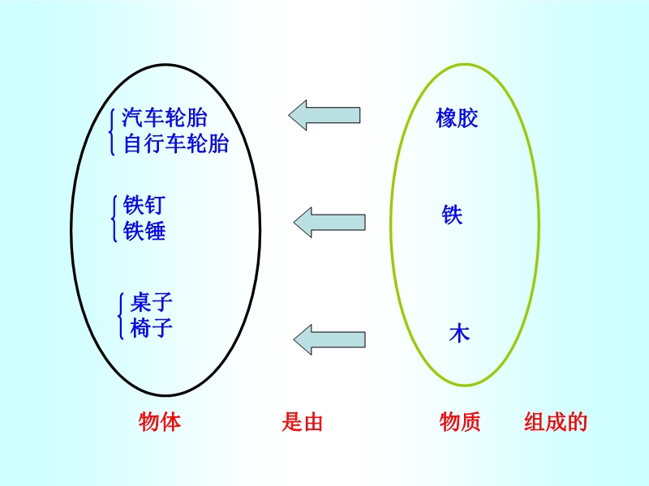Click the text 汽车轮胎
coord(165,117)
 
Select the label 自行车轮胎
coord(176,144)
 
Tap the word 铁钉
coord(144,205)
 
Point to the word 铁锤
coord(144,231)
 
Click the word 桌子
coord(151,302)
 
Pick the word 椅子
coord(151,328)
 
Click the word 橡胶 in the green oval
coord(457,118)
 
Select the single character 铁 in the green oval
coord(452,215)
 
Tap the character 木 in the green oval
coord(459,333)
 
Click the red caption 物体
coord(160,422)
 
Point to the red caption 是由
coord(302,422)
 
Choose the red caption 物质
coord(460,422)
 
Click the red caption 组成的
coord(556,422)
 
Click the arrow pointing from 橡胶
coord(324,115)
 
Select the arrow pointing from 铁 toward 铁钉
coord(329,222)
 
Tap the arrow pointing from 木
coord(329,339)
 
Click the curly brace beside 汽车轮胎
coord(111,132)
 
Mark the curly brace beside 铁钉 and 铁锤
coord(114,219)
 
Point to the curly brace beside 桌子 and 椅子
coord(121,316)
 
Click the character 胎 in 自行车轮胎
coord(218,144)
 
